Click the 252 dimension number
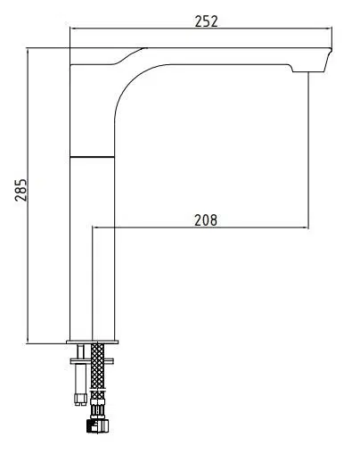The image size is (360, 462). pyautogui.click(x=206, y=21)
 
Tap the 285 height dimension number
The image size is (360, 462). pyautogui.click(x=20, y=190)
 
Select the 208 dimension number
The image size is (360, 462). pyautogui.click(x=206, y=220)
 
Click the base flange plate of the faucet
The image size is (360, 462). pyautogui.click(x=93, y=342)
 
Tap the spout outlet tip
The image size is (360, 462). pyautogui.click(x=309, y=71)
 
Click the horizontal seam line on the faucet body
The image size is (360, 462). pyautogui.click(x=92, y=156)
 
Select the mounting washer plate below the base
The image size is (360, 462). pyautogui.click(x=92, y=361)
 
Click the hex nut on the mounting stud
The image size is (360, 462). pyautogui.click(x=80, y=400)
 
